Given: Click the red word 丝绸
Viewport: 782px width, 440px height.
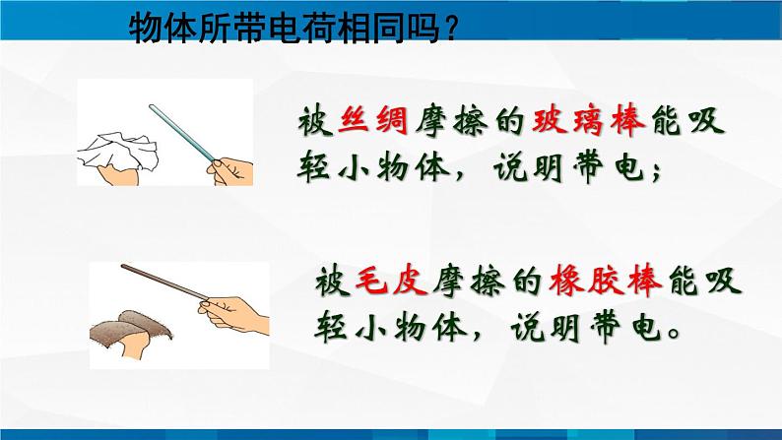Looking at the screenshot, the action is coord(372,121).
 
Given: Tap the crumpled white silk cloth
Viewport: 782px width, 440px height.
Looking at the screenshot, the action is coord(119,151).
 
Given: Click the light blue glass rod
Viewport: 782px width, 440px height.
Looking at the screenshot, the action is coord(182,133).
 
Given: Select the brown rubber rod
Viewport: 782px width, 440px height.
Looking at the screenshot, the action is coord(164,283).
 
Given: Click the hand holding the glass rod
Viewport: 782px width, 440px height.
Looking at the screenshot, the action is coord(230,171).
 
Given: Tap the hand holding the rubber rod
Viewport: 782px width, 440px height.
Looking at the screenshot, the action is coord(233,314).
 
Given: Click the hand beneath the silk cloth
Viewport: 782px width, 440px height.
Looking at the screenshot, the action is coord(119,175).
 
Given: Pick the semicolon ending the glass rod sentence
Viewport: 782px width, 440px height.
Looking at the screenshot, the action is coord(656,172).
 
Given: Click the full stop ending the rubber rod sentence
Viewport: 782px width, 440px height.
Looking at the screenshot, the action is coord(674,333).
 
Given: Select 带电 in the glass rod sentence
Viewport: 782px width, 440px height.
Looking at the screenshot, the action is coord(609,166).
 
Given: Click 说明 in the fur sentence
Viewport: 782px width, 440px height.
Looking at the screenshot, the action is coord(545,327).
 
